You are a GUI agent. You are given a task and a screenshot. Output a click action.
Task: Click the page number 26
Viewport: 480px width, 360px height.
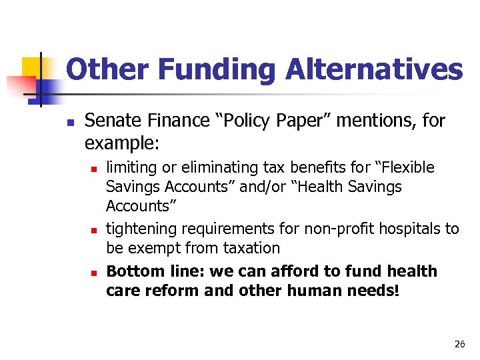click(x=459, y=344)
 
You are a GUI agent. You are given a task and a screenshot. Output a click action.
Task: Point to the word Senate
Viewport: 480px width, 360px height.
click(x=110, y=121)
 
